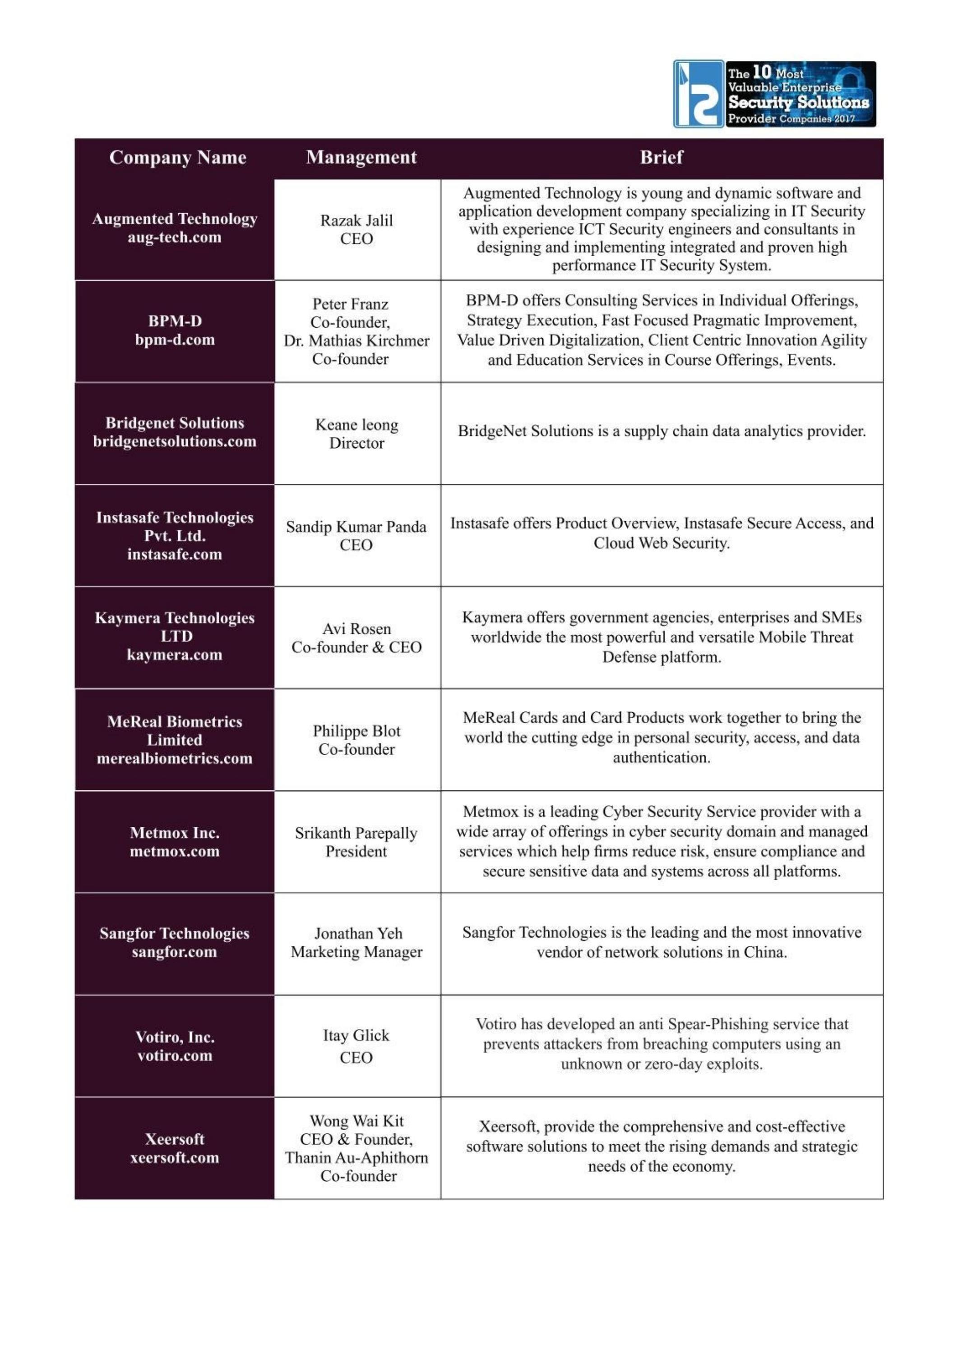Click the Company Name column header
tap(177, 157)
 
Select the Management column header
tap(361, 157)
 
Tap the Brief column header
tap(661, 157)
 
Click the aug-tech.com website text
tap(175, 238)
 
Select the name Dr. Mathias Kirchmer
tap(356, 340)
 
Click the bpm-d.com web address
tap(175, 339)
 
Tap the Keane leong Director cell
tap(356, 433)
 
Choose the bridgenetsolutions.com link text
tap(175, 441)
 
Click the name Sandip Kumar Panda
tap(356, 527)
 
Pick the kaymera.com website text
tap(175, 655)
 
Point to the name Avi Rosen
tap(356, 629)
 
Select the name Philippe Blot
tap(356, 731)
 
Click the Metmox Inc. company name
tap(175, 833)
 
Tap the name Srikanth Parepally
tap(356, 833)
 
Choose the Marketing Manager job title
tap(356, 952)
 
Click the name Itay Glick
tap(356, 1035)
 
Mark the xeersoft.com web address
tap(175, 1157)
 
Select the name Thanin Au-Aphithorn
tap(356, 1157)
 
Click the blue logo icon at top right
tap(698, 94)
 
